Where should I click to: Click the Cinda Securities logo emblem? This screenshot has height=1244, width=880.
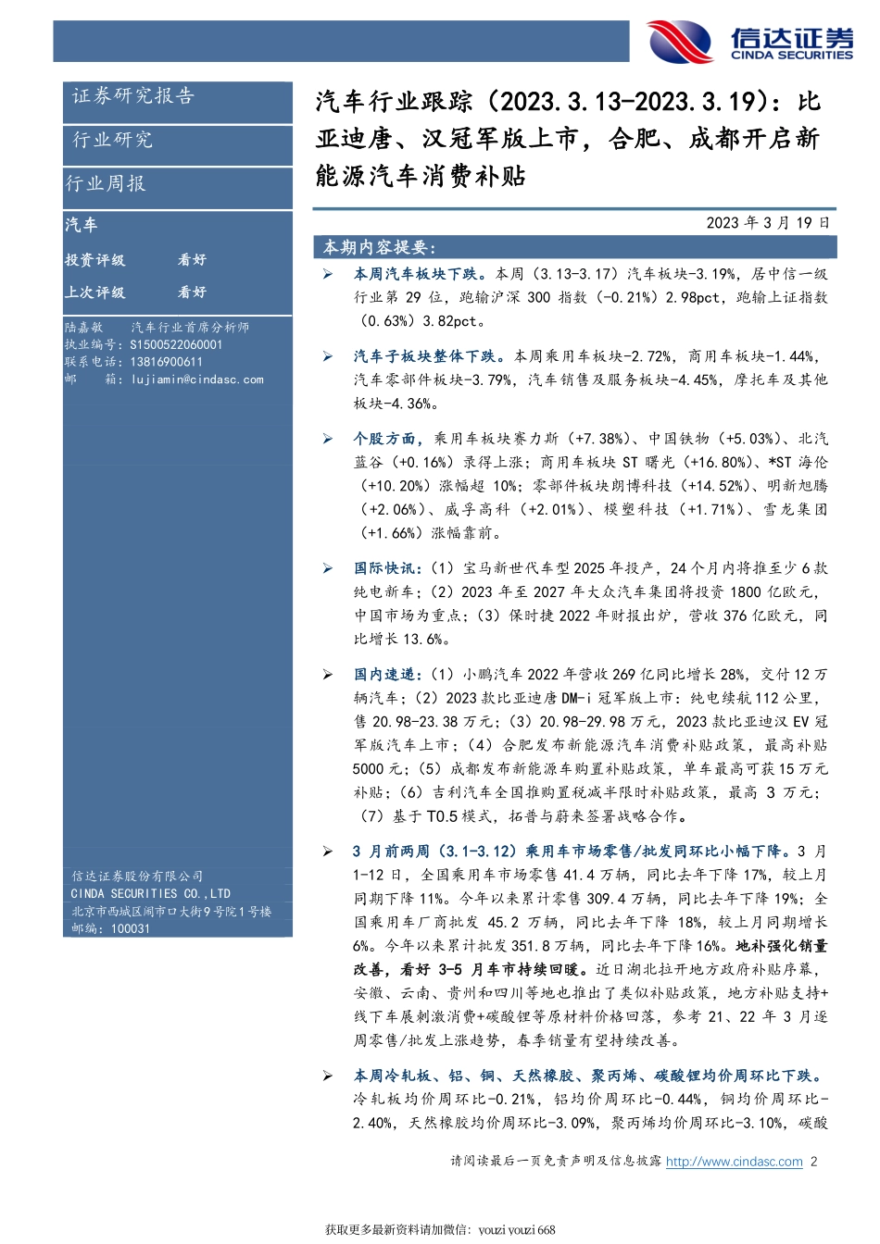681,42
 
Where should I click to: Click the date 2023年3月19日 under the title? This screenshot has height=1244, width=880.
768,223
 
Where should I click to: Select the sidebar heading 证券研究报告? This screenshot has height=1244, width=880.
133,95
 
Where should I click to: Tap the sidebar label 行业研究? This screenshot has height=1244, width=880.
113,140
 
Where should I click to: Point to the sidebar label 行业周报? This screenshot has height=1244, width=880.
106,183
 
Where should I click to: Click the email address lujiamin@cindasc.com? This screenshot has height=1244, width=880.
197,379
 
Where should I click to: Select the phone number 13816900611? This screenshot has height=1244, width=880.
166,362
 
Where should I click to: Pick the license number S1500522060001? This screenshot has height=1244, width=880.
176,344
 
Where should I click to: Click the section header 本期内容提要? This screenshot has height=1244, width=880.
379,247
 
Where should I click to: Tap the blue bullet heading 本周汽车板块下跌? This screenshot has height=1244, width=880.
415,274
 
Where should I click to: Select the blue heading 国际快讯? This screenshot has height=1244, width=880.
386,568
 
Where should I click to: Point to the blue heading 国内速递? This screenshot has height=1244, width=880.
386,675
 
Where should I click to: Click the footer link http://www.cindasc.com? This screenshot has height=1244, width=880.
734,1162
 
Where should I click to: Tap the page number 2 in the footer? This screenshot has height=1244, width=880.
813,1162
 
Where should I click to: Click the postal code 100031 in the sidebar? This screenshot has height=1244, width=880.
130,928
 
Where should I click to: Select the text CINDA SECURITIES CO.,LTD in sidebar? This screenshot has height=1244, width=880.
150,893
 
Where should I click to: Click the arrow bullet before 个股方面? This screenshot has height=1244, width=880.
328,439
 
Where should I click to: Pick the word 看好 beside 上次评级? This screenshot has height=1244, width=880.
192,292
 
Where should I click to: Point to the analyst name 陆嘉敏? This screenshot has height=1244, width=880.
84,328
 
